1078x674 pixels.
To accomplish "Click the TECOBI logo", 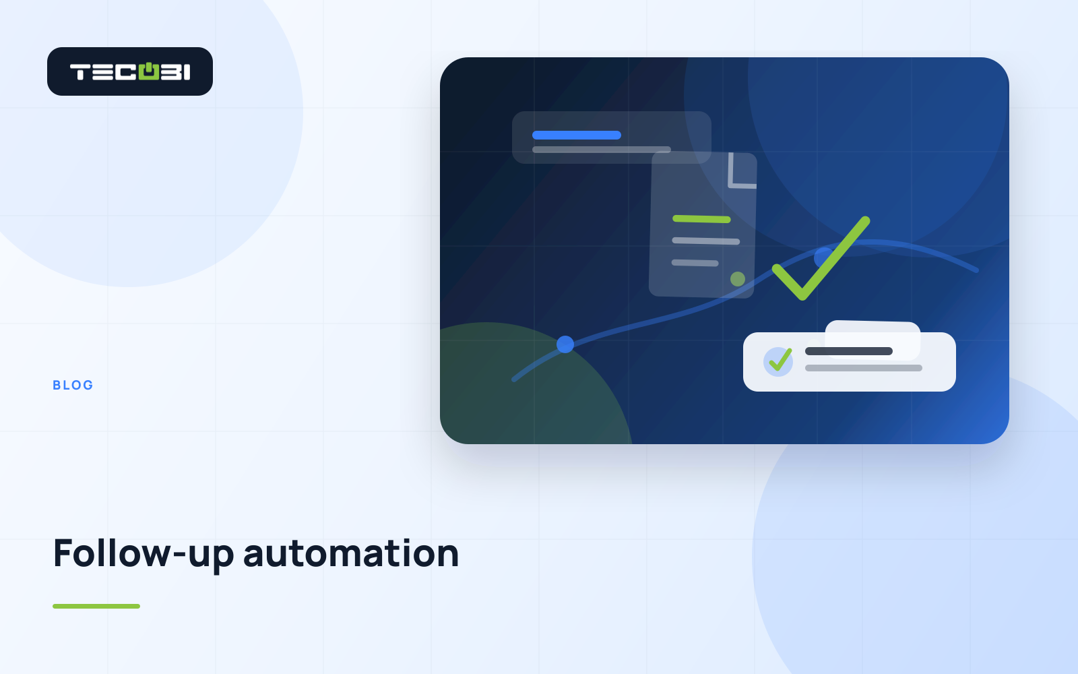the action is pyautogui.click(x=130, y=71).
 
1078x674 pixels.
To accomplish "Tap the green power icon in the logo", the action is pyautogui.click(x=149, y=71).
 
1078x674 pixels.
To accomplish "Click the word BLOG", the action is pyautogui.click(x=73, y=385).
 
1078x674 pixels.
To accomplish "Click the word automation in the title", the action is pyautogui.click(x=351, y=553).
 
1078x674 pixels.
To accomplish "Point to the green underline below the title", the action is pyautogui.click(x=96, y=606).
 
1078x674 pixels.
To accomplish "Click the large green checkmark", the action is pyautogui.click(x=821, y=259).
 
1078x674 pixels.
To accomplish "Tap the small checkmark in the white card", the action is pyautogui.click(x=780, y=360).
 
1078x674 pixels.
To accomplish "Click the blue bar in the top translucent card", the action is pyautogui.click(x=577, y=135).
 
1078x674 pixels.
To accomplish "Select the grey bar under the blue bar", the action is pyautogui.click(x=602, y=150).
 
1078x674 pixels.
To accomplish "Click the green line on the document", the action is pyautogui.click(x=701, y=219).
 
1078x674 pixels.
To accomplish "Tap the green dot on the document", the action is pyautogui.click(x=738, y=279).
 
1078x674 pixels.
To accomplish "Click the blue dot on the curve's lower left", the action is pyautogui.click(x=565, y=344).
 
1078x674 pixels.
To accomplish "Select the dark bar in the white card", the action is pyautogui.click(x=849, y=351).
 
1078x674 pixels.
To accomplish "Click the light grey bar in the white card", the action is pyautogui.click(x=864, y=368).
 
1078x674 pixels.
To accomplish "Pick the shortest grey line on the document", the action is pyautogui.click(x=695, y=263).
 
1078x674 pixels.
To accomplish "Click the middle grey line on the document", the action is pyautogui.click(x=706, y=241).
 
